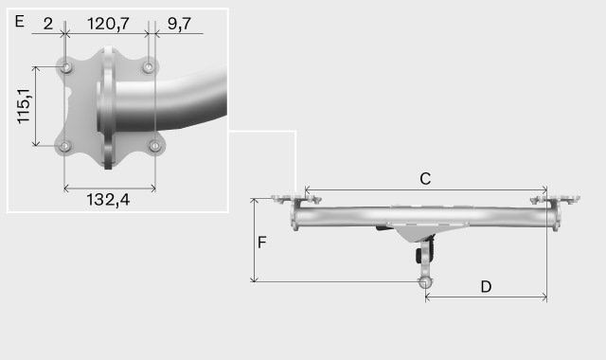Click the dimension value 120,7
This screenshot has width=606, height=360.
tap(108, 24)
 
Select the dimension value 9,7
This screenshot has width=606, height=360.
tap(179, 24)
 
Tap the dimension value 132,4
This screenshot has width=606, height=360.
tap(108, 200)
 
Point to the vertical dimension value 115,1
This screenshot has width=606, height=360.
tap(24, 106)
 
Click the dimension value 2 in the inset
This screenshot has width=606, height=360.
tap(48, 24)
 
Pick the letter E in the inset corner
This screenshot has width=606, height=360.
tap(19, 21)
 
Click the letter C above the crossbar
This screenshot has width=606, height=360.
tap(425, 179)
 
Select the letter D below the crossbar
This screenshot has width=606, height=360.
tap(486, 287)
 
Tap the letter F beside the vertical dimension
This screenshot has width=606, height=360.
tap(261, 243)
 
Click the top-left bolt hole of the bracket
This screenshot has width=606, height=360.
tap(67, 67)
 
